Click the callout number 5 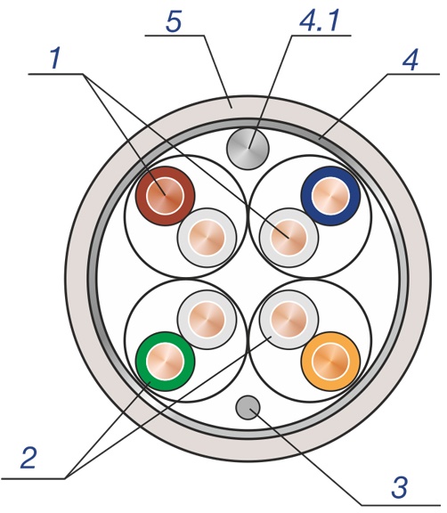coord(174,21)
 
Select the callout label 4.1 coord(319,21)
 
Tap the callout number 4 coord(410,61)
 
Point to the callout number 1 coord(55,58)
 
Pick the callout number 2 coord(28,458)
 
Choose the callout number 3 coord(400,487)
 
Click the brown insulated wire coord(165,196)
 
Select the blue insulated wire coord(330,196)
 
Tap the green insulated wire coord(165,362)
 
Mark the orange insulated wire coord(330,362)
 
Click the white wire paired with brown coord(207,238)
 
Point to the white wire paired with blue coord(289,238)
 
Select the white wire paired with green coord(207,320)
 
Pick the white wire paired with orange coord(289,320)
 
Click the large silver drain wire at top coord(248,149)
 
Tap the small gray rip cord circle coord(248,407)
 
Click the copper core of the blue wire coord(330,196)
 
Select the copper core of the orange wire coord(330,362)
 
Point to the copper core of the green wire coord(165,362)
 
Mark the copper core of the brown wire coord(165,196)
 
